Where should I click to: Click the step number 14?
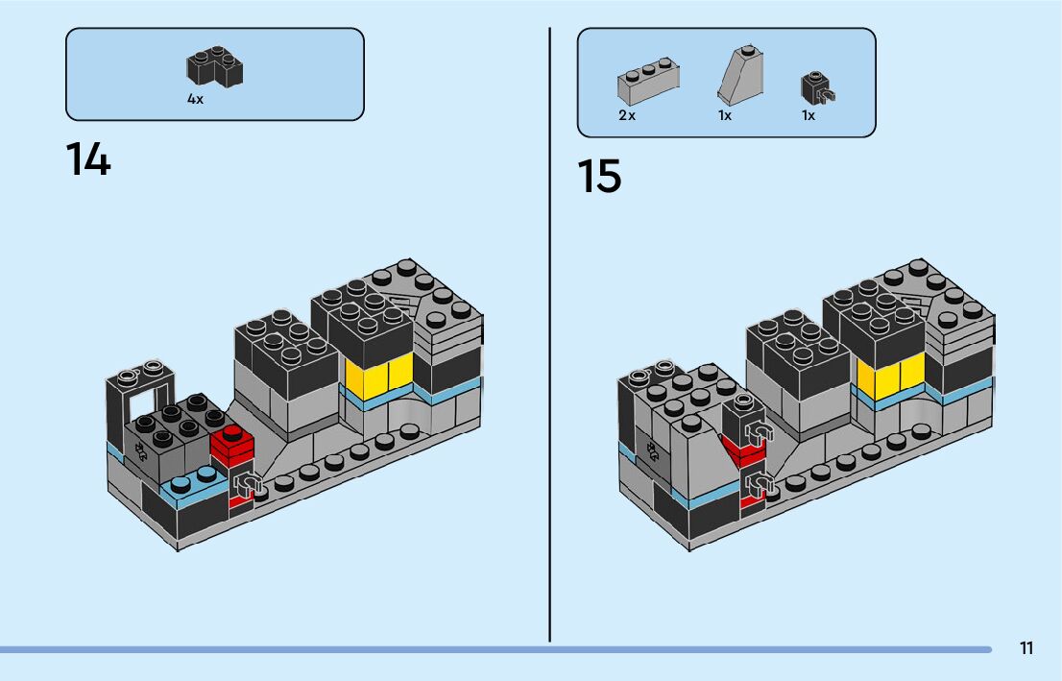coord(88,159)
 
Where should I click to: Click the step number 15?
coord(599,176)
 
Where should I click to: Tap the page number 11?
coord(1026,648)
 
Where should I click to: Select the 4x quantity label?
coord(195,99)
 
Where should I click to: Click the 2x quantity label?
coord(627,115)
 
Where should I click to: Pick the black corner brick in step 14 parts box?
coord(215,66)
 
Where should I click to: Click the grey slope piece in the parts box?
coord(741,75)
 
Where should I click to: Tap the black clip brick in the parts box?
coord(817,88)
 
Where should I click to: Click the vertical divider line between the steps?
coord(549,335)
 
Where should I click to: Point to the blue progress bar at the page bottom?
coord(495,650)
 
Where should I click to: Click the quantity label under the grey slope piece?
coord(725,115)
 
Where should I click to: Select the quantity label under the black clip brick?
coord(808,115)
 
